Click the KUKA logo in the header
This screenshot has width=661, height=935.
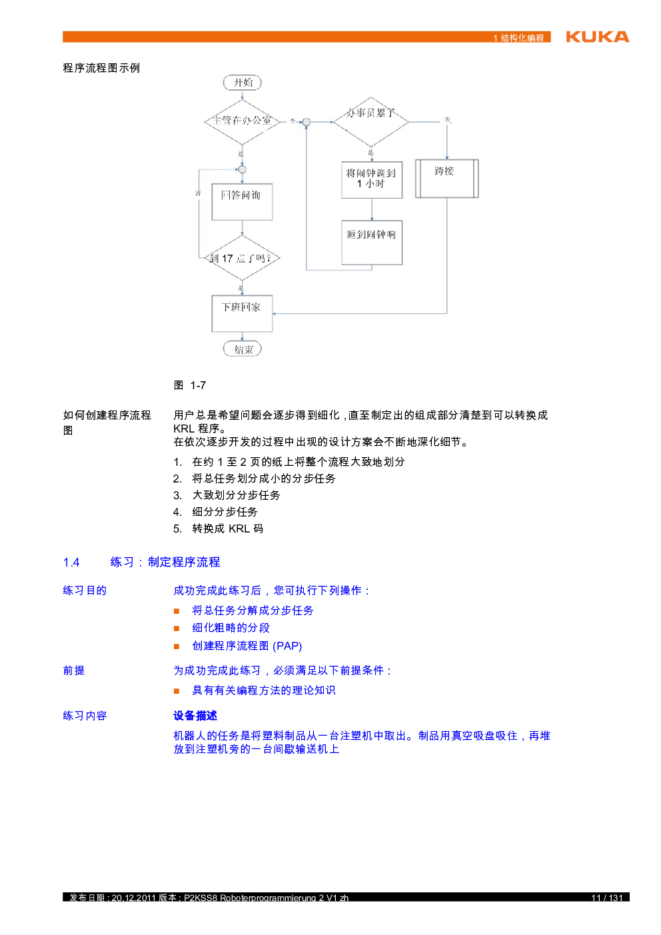coord(597,37)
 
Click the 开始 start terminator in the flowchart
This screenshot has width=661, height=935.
coord(242,83)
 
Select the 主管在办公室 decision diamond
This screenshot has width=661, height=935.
coord(242,121)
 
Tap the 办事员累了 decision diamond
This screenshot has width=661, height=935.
coord(370,121)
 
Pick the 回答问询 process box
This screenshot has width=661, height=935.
coord(242,201)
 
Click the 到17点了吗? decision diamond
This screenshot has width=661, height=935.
coord(242,259)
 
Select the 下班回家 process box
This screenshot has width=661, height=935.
coord(242,313)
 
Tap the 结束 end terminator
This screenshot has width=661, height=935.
coord(242,349)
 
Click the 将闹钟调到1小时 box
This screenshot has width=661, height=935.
coord(372,179)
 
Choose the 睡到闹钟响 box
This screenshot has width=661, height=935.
coord(372,243)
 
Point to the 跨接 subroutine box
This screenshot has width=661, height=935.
coord(446,178)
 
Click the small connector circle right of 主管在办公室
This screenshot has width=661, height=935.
coord(307,122)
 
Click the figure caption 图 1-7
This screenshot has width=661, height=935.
coord(190,385)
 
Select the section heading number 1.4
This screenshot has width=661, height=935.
coord(71,562)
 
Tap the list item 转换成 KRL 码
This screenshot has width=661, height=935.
coord(227,528)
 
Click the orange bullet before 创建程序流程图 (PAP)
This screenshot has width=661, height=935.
coord(177,646)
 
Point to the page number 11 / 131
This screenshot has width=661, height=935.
coord(606,898)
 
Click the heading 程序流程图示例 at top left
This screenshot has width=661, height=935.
coord(101,68)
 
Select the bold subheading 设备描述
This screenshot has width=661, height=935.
coord(195,716)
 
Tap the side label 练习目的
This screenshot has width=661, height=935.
coord(85,590)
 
